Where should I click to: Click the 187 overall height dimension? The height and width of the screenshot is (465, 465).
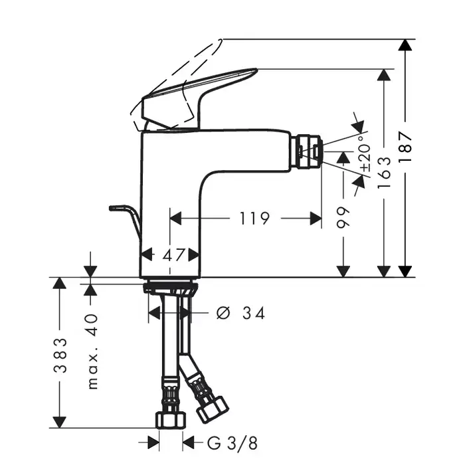405,146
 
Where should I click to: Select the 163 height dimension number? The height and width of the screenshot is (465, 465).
385,173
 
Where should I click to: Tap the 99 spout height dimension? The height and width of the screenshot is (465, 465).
343,218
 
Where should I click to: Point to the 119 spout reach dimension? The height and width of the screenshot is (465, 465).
254,219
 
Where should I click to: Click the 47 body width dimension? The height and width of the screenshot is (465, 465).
174,254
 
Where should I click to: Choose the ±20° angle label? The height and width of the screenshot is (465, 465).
365,153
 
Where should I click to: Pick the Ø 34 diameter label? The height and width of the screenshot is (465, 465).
240,313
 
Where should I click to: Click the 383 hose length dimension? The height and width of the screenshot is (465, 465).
60,355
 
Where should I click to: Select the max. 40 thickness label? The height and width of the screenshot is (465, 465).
92,351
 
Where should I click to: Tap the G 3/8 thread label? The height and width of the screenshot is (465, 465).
232,444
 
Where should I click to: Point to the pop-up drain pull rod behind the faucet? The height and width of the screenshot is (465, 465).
125,223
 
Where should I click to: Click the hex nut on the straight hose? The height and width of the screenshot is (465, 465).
171,420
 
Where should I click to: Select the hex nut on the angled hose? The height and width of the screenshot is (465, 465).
213,409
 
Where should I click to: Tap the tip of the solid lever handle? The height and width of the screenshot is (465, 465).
256,70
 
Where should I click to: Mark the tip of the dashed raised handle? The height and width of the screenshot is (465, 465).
221,40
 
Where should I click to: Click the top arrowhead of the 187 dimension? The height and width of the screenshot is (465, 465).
405,45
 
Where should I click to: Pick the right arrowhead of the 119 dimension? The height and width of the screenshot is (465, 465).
316,219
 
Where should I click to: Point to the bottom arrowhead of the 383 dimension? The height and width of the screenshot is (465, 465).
60,422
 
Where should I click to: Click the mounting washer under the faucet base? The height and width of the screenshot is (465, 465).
171,288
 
